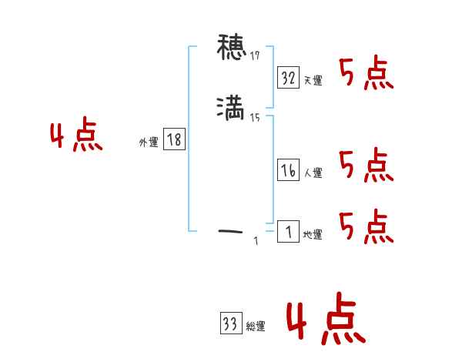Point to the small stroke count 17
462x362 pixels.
[255, 56]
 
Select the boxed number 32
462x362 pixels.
[289, 78]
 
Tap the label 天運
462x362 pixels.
[313, 80]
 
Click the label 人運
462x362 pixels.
[313, 173]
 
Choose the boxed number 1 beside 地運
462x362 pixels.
[288, 231]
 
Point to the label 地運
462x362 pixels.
[313, 234]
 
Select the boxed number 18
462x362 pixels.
[174, 139]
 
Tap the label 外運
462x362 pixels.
[149, 142]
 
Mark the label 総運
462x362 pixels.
[255, 327]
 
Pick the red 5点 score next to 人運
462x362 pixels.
[367, 166]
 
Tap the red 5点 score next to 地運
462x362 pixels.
[367, 226]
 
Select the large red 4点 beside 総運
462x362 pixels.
[326, 321]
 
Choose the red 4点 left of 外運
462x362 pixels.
[77, 136]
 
